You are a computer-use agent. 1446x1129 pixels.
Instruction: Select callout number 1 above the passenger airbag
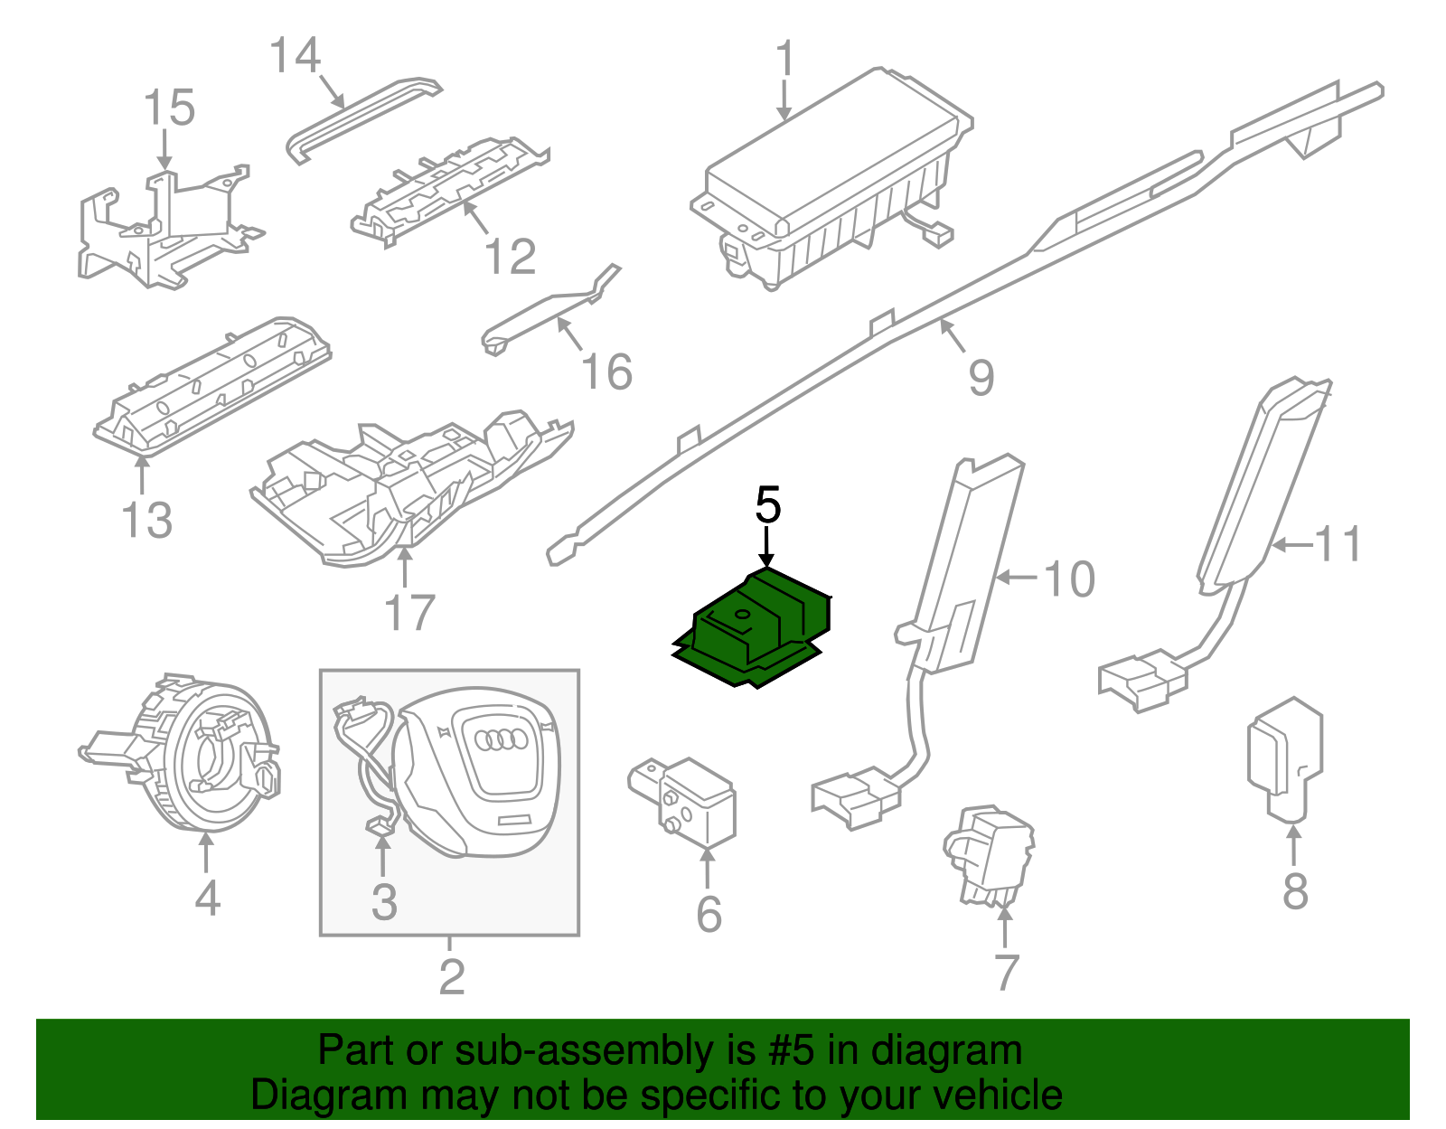(784, 59)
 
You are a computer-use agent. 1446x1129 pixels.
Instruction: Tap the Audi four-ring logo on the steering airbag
(502, 740)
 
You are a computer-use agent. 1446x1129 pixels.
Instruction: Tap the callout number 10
(1069, 579)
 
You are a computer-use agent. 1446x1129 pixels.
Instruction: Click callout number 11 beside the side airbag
(1338, 544)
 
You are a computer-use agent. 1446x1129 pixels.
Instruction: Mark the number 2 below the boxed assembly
(451, 976)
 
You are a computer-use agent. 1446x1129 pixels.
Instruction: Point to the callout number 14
(296, 56)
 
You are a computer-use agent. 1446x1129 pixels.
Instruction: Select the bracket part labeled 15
(163, 226)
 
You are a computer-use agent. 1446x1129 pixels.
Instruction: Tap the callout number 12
(511, 257)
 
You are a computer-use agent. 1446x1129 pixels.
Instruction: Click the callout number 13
(146, 521)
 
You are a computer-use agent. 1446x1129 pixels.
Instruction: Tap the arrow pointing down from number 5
(767, 547)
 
